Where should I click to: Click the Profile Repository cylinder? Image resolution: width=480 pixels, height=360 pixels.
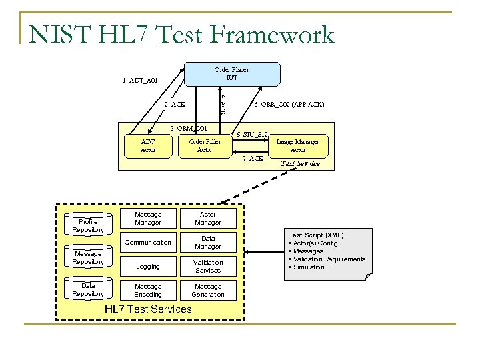88,225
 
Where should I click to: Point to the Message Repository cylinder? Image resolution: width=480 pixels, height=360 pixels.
88,257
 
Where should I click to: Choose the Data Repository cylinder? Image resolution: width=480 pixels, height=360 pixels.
88,289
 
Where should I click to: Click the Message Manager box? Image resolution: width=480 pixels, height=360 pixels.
148,218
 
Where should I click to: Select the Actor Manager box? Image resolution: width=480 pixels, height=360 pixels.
208,218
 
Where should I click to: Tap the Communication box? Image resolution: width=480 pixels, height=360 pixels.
148,242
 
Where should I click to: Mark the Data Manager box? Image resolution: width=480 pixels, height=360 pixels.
208,242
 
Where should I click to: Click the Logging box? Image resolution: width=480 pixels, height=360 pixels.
148,266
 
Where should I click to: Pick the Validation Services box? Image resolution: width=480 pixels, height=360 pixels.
208,266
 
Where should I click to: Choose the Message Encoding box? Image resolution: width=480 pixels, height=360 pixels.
148,290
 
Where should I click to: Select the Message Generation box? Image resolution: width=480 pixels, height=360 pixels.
208,290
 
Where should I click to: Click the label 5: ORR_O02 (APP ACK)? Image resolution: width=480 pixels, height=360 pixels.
289,105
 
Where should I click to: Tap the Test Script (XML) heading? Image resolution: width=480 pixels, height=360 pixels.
315,235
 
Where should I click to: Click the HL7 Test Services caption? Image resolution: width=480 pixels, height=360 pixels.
148,309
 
